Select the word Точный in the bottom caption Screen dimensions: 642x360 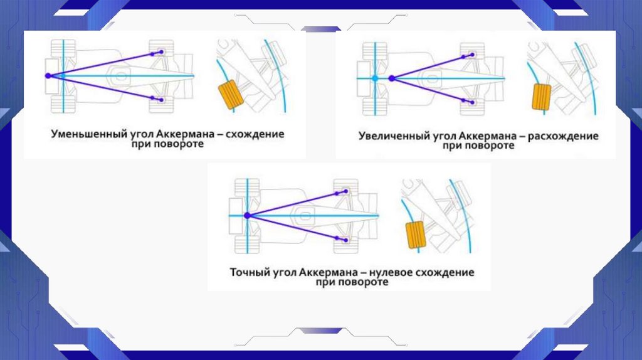(x=248, y=273)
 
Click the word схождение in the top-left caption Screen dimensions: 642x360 (x=256, y=134)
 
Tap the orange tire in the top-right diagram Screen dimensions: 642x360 (x=540, y=97)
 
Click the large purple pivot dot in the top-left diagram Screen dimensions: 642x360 (x=48, y=75)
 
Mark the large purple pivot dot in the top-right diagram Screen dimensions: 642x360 (x=391, y=78)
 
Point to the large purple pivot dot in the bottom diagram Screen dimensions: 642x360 (x=246, y=215)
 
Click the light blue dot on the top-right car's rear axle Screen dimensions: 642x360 (x=374, y=78)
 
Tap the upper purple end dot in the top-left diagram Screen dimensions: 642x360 (x=161, y=52)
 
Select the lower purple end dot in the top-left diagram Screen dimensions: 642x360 (x=161, y=99)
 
